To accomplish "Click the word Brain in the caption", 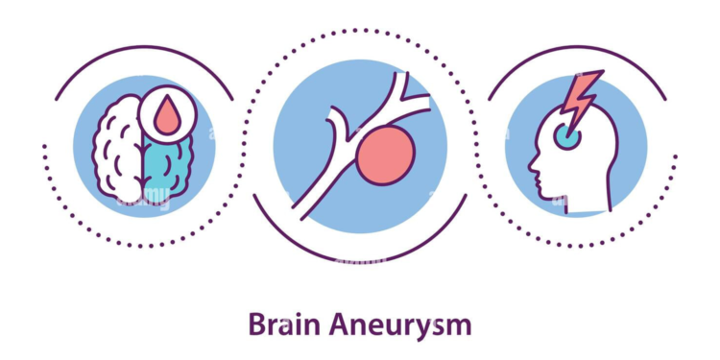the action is coord(279,325).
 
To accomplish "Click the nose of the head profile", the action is coord(531,176).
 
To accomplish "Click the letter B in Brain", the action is coord(256,325).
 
